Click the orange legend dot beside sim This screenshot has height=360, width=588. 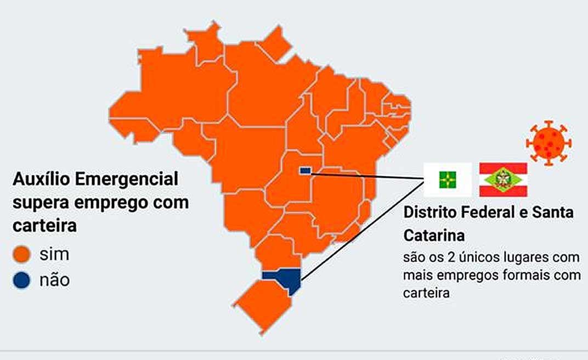22,254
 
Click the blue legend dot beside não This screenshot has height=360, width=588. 22,280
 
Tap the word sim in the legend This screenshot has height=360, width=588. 54,254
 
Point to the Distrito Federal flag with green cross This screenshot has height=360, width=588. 448,179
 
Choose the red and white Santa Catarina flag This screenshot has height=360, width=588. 503,179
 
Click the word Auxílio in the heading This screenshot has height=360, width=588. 40,179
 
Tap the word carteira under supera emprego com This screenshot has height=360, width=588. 44,226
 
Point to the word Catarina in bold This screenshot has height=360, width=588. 434,235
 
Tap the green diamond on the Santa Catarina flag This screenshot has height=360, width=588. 502,179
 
